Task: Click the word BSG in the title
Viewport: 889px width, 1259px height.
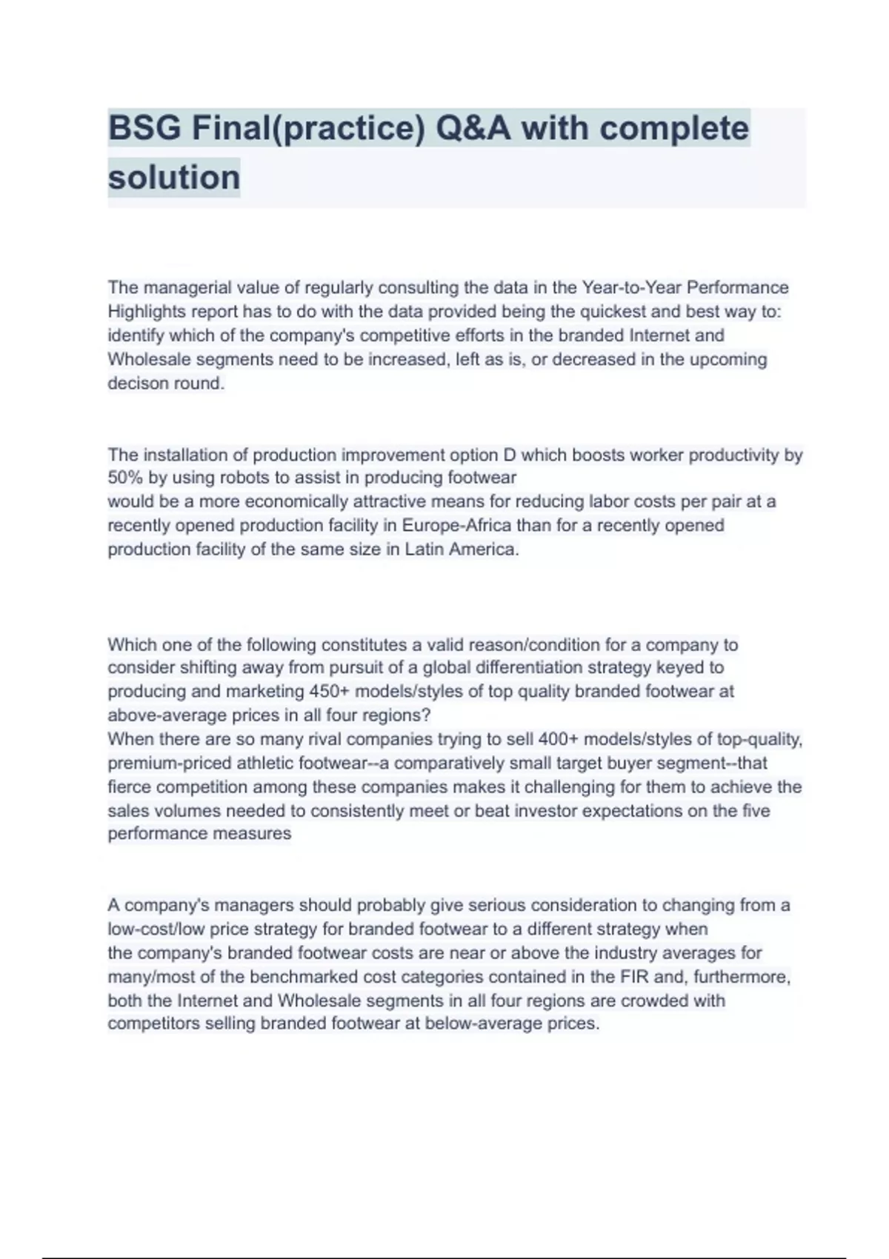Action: click(144, 128)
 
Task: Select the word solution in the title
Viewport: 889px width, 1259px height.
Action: click(174, 178)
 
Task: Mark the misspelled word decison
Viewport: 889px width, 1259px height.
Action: click(136, 384)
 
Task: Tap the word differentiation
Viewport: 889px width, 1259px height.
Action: click(528, 668)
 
